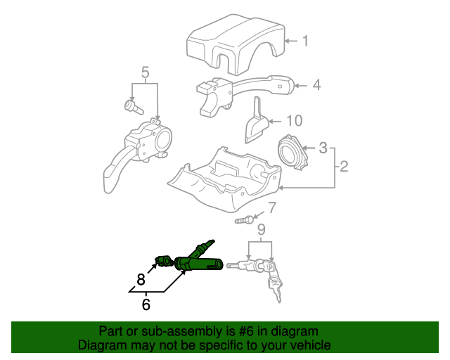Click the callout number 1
pos(305,41)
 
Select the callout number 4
pos(316,85)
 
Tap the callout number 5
pos(146,72)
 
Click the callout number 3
pos(323,148)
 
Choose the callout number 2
pos(344,167)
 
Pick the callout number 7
pos(272,207)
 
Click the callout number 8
pos(141,279)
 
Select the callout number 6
pos(146,304)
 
